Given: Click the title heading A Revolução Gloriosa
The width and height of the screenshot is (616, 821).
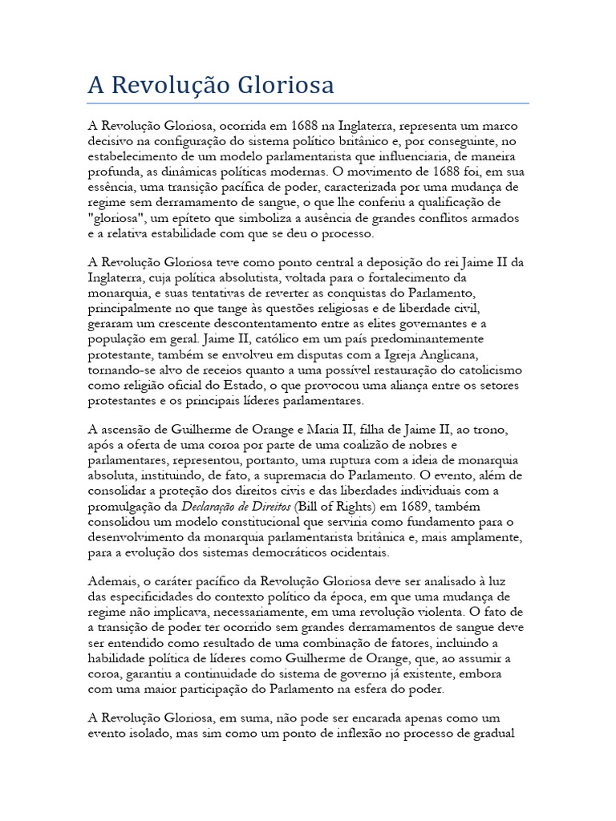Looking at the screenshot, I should (210, 86).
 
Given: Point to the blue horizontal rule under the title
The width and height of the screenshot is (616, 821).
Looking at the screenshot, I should (307, 103).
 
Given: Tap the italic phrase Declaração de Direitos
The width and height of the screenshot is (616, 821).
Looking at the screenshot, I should (228, 507).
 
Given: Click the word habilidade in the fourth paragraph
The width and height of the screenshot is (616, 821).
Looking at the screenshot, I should (119, 658).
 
